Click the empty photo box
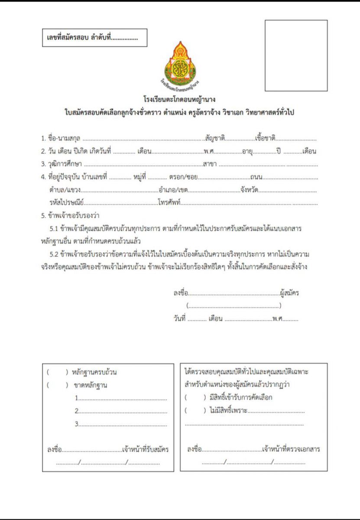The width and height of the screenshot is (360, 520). tap(296, 55)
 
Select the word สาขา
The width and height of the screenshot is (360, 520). tap(210, 164)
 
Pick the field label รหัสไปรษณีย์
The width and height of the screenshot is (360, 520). tap(67, 202)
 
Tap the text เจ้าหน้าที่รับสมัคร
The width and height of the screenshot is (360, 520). tap(145, 450)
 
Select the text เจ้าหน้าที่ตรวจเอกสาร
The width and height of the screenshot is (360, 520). tap(291, 449)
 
